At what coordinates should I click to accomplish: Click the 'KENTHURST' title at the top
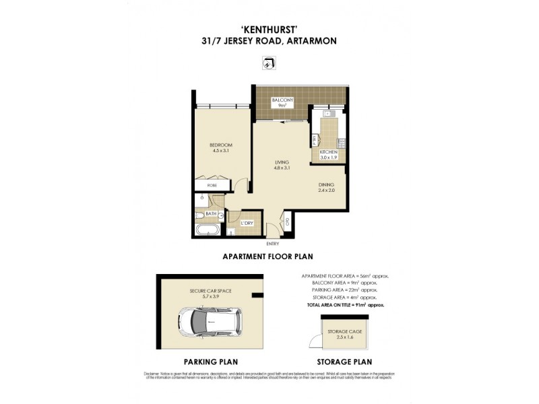pos(269,29)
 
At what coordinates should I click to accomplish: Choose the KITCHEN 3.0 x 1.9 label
pos(329,156)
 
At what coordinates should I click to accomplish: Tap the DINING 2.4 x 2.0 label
pos(327,188)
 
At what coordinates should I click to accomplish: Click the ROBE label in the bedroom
pos(212,184)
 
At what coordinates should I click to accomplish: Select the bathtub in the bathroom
pos(206,230)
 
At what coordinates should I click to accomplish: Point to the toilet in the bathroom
pos(201,215)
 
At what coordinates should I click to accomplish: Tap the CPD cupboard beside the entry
pos(287,222)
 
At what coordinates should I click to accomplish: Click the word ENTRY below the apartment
pos(273,243)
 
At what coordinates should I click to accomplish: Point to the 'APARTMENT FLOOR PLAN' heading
pos(267,257)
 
